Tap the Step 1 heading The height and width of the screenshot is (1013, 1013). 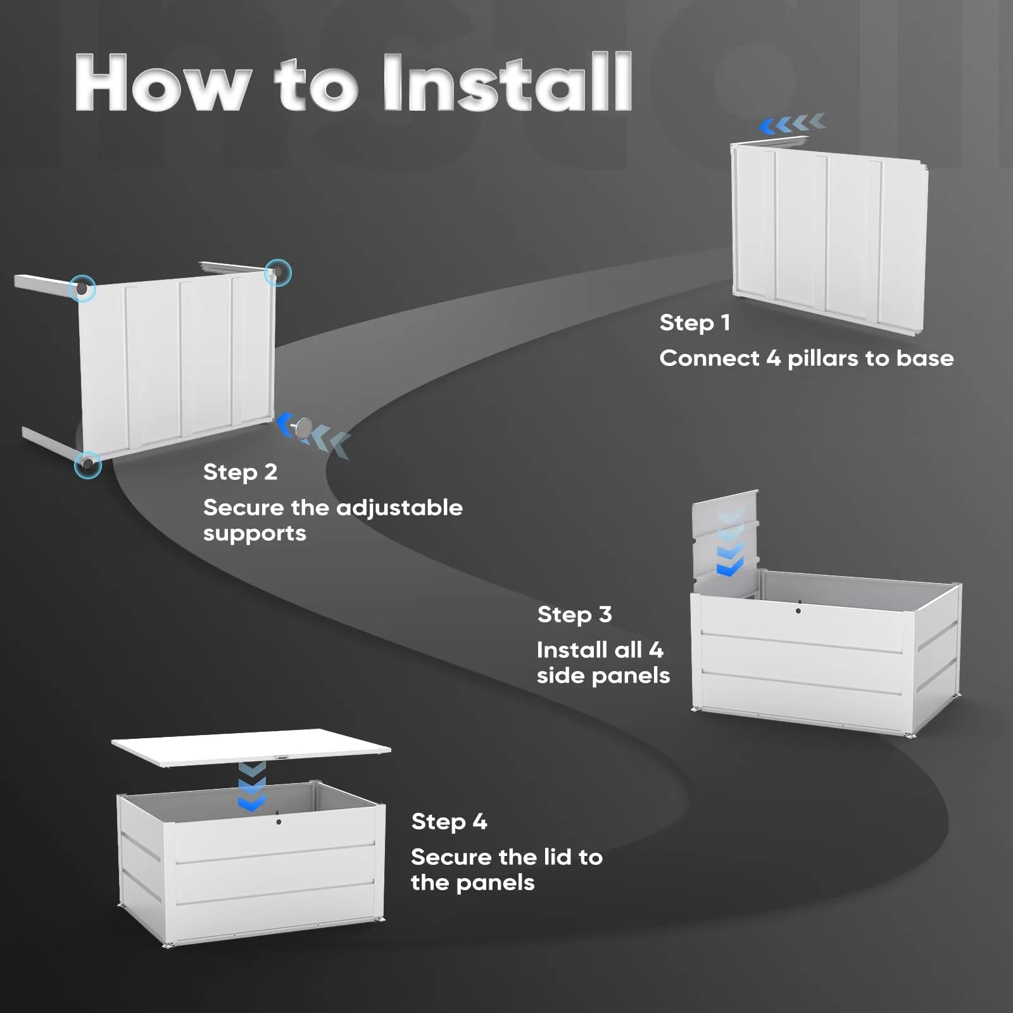tap(695, 323)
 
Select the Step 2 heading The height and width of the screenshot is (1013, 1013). tap(240, 472)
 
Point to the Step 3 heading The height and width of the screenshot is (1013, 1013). tap(574, 615)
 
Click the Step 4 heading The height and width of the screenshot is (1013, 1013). tap(449, 822)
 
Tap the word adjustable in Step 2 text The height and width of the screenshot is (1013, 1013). tap(399, 508)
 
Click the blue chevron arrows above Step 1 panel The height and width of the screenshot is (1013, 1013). tap(793, 123)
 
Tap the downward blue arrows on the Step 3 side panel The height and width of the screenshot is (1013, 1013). tap(729, 544)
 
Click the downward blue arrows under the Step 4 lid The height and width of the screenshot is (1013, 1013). tap(252, 787)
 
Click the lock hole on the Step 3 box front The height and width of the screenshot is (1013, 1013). tap(798, 611)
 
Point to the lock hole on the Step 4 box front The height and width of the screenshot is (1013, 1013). tap(279, 821)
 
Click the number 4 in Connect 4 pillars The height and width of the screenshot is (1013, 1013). tap(773, 359)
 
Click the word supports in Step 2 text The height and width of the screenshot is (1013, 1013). tap(255, 534)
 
